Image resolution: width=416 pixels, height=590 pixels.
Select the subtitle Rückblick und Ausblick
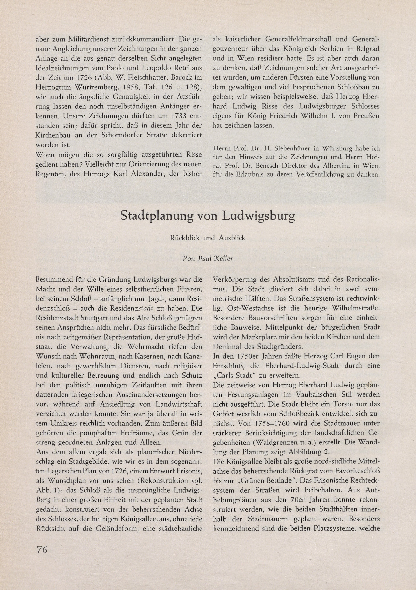(208, 238)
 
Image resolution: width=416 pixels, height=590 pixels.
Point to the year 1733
(177, 116)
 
